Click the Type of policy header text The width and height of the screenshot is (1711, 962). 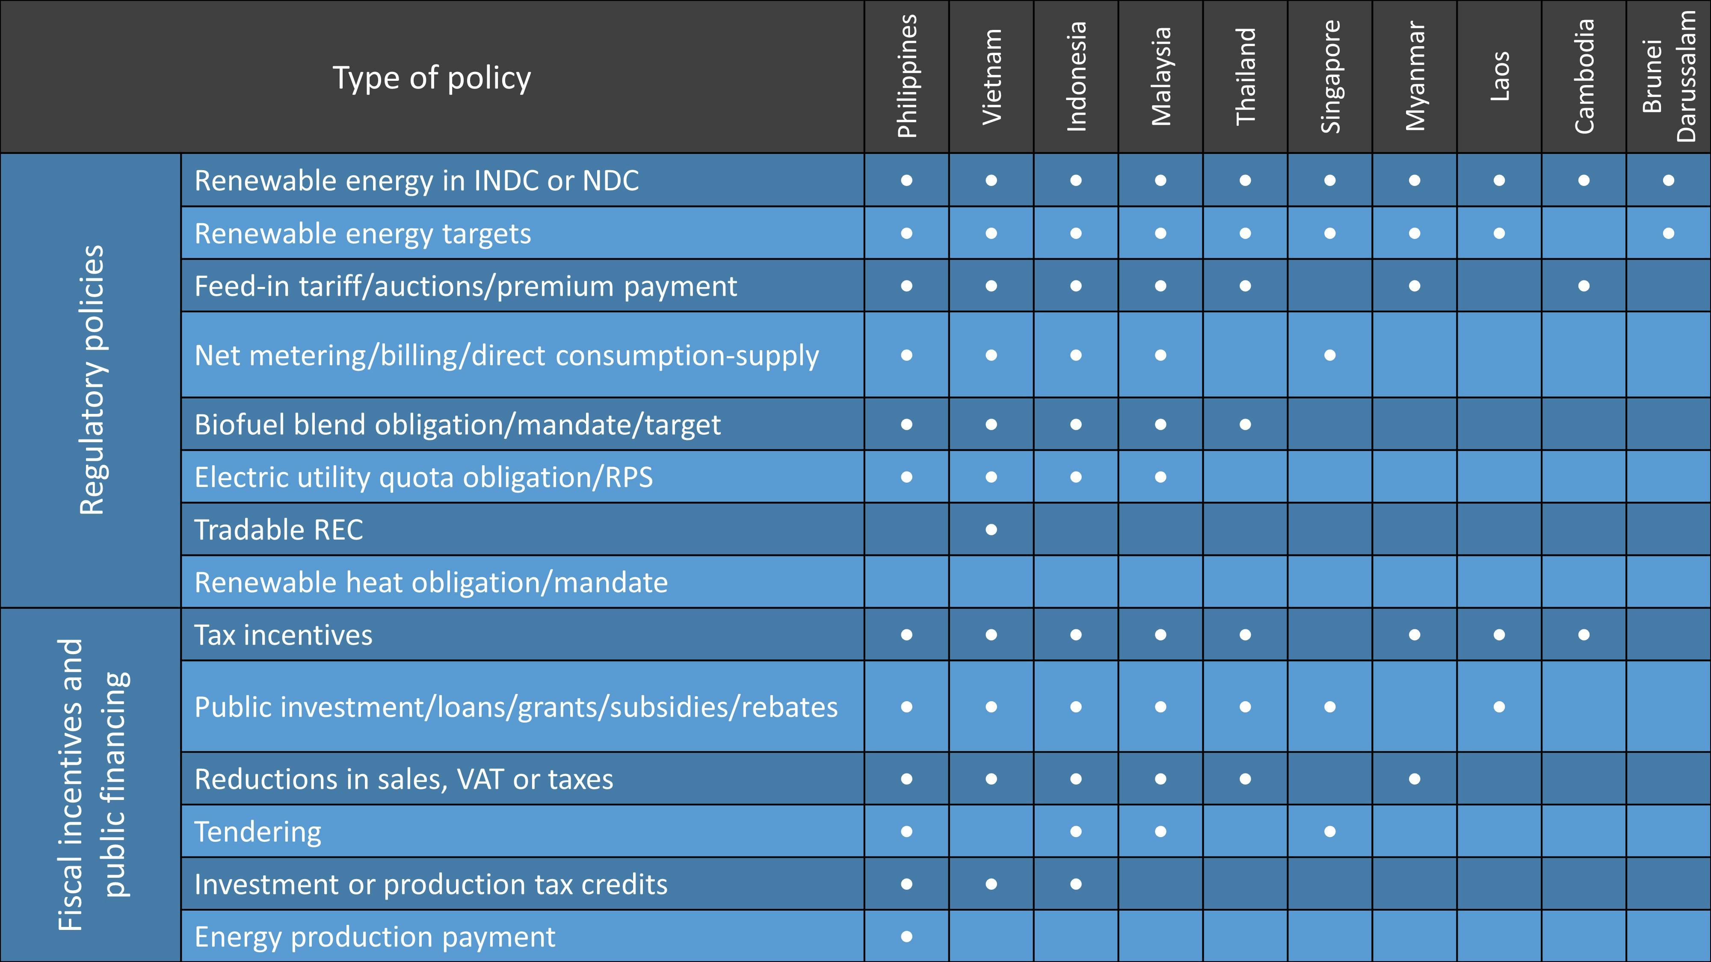(x=432, y=78)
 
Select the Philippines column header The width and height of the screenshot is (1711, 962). (x=907, y=77)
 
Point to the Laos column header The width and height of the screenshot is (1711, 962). (x=1499, y=77)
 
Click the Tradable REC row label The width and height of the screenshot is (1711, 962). (x=279, y=530)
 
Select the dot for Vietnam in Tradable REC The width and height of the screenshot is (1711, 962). (x=991, y=530)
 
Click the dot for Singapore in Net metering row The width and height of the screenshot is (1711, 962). (x=1330, y=355)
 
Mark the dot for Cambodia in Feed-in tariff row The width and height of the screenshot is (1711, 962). (x=1584, y=286)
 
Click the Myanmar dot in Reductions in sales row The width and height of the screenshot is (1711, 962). (x=1415, y=779)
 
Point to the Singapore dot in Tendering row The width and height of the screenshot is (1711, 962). (x=1330, y=831)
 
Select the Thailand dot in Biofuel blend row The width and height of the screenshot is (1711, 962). (x=1245, y=424)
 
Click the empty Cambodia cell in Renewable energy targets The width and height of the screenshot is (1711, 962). (x=1584, y=233)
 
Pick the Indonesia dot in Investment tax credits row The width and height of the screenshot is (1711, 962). (x=1076, y=884)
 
